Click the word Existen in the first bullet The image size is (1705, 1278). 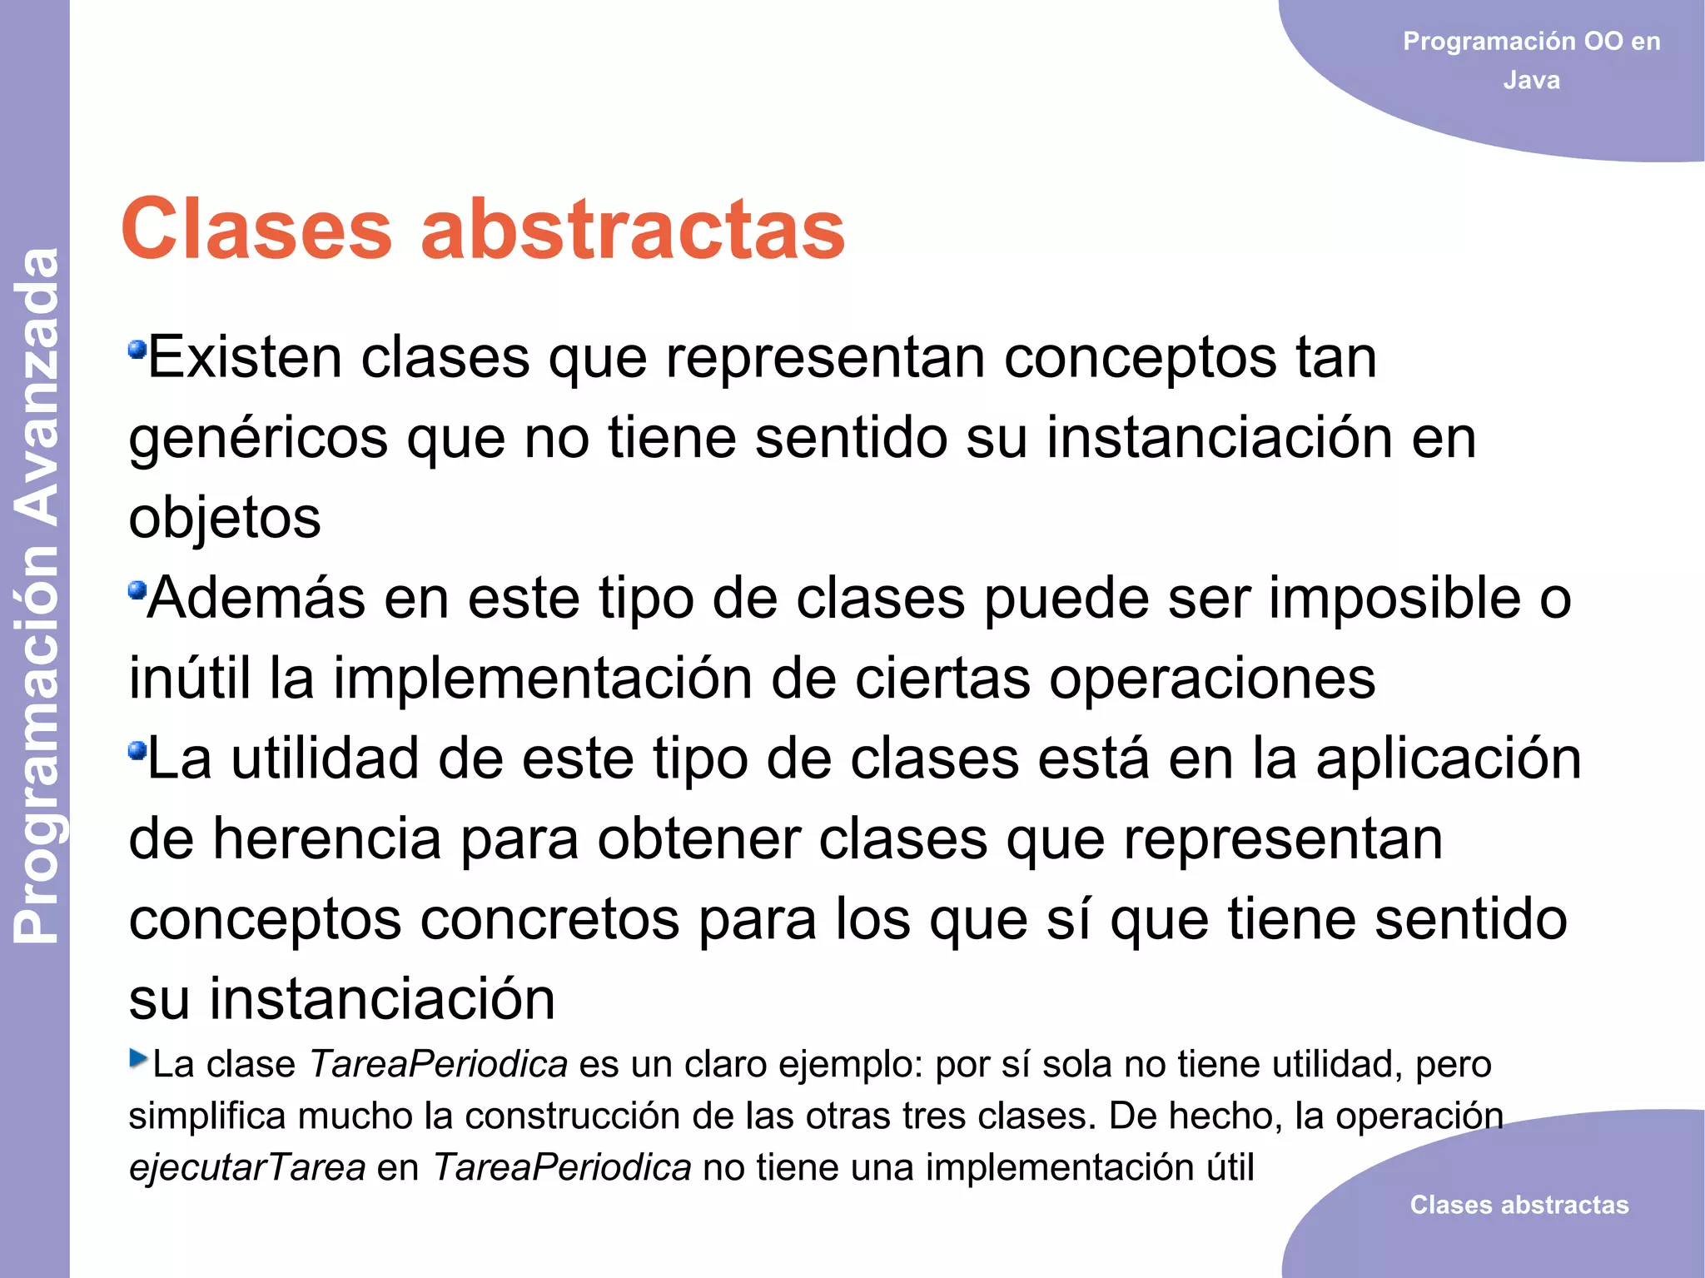(x=244, y=358)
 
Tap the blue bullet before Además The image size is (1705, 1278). (x=137, y=590)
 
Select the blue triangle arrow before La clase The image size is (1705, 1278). (x=138, y=1058)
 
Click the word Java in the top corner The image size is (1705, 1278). (x=1531, y=81)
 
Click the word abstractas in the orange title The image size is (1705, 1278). (x=633, y=230)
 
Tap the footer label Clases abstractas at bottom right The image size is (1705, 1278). (x=1519, y=1205)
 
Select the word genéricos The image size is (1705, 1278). (x=258, y=439)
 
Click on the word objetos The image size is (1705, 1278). (x=225, y=518)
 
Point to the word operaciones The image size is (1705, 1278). (x=1211, y=679)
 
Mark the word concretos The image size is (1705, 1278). (x=549, y=919)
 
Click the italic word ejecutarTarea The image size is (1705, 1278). (x=246, y=1167)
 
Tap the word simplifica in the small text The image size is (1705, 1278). (x=207, y=1116)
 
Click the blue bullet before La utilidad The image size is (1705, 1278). (x=137, y=751)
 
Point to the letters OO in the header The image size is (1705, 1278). (x=1603, y=41)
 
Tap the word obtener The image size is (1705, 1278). (x=698, y=839)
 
